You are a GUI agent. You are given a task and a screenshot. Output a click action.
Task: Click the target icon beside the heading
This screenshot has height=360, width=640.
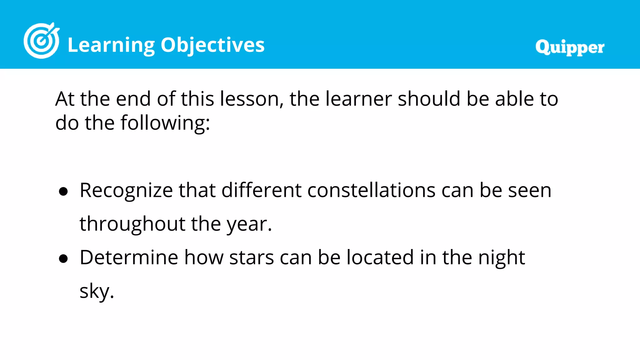click(41, 41)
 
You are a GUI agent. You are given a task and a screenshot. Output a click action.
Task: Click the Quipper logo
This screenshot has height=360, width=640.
click(569, 47)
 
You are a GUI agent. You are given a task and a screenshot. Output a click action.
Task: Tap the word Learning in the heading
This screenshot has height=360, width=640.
click(111, 45)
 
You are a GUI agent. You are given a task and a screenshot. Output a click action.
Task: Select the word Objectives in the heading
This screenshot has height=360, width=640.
click(212, 45)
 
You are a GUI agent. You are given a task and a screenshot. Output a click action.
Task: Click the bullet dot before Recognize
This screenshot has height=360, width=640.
click(63, 192)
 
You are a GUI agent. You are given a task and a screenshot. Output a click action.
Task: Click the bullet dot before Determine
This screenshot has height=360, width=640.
click(63, 259)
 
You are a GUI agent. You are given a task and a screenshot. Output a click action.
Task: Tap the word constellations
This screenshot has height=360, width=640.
click(371, 190)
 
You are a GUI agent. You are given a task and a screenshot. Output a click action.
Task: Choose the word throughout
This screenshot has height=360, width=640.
click(132, 224)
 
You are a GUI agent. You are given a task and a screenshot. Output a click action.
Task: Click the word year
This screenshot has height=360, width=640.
click(247, 224)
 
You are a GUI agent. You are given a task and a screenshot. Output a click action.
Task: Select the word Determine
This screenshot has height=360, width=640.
click(129, 257)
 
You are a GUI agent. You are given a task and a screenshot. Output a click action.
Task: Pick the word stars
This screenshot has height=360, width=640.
click(252, 257)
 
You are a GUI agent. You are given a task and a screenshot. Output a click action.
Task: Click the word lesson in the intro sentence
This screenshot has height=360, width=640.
click(249, 99)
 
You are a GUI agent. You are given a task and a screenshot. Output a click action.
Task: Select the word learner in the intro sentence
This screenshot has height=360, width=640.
click(358, 99)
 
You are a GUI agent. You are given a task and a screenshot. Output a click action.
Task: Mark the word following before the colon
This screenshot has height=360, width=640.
click(162, 123)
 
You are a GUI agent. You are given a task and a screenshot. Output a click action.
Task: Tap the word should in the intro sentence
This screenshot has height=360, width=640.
click(429, 99)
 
